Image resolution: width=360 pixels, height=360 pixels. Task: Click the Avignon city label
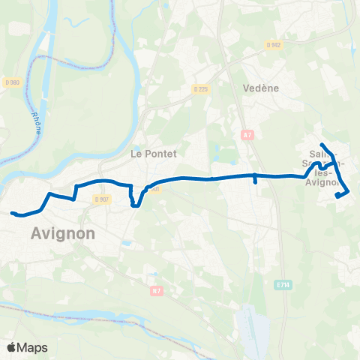point(64,233)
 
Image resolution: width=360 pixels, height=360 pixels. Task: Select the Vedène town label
point(261,88)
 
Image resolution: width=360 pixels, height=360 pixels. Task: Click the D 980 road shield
point(10,83)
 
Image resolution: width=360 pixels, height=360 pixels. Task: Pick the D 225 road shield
point(199,88)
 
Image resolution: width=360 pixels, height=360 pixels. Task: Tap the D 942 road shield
point(273,44)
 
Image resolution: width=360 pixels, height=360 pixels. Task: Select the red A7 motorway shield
point(248,135)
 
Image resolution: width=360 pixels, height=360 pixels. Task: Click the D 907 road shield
point(102,199)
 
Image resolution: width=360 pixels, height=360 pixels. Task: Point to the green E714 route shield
point(282,285)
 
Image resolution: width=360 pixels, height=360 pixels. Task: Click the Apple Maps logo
point(27,347)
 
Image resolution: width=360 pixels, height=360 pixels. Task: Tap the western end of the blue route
point(13,213)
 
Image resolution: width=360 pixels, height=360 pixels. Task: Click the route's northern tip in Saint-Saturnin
point(322,144)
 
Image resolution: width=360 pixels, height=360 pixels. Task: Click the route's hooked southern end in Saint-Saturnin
point(339,196)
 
